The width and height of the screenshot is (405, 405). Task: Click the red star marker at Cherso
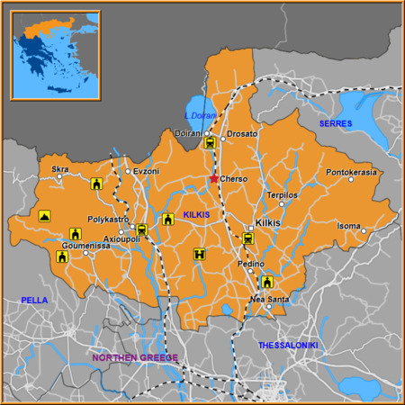[213, 178]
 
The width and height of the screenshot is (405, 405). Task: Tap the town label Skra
[60, 168]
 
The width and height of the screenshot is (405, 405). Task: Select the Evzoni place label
[147, 171]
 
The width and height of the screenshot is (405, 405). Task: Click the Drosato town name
[242, 134]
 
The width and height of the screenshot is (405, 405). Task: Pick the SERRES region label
[336, 123]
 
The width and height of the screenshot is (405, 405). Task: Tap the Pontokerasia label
[351, 172]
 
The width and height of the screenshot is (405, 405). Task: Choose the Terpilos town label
[282, 194]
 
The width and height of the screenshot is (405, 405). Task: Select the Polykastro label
[109, 220]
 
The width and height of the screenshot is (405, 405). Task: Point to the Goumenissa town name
[86, 244]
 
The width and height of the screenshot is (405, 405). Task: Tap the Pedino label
[250, 264]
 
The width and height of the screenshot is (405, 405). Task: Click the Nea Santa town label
[269, 298]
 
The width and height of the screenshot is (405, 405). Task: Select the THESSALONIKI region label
[288, 345]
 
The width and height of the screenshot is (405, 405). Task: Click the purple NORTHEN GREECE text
[136, 357]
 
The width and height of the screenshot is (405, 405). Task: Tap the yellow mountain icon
[43, 216]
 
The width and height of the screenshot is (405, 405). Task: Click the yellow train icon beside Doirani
[210, 142]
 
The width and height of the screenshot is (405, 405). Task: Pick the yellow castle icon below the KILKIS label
[198, 255]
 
